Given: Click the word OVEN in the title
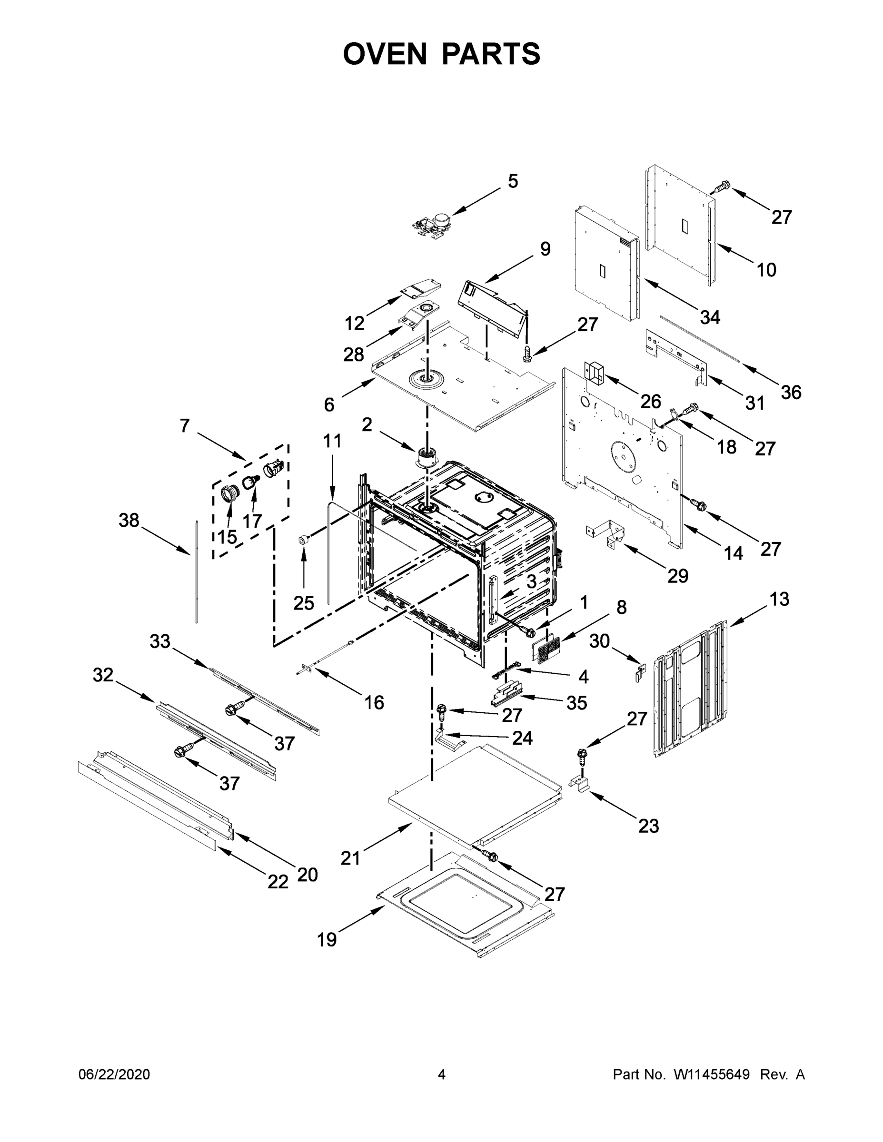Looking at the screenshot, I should pyautogui.click(x=385, y=54).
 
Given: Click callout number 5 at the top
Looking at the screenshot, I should pyautogui.click(x=513, y=181).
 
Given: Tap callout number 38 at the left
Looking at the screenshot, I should pyautogui.click(x=129, y=520).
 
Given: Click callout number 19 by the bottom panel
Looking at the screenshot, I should pyautogui.click(x=327, y=940).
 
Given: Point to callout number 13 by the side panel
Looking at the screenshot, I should pyautogui.click(x=779, y=599).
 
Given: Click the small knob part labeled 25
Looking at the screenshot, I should pyautogui.click(x=302, y=540).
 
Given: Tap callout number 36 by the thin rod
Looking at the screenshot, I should pyautogui.click(x=790, y=392).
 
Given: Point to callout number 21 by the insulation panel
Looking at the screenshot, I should pyautogui.click(x=350, y=858).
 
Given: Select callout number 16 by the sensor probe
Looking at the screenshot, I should pyautogui.click(x=374, y=702).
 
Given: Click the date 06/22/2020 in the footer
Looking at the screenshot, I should pyautogui.click(x=114, y=1074).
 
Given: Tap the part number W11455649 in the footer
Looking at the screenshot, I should pyautogui.click(x=712, y=1074).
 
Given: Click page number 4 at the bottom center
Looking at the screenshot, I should pyautogui.click(x=442, y=1074).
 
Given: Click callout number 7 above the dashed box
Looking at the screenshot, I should pyautogui.click(x=184, y=426).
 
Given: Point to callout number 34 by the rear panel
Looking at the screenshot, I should pyautogui.click(x=710, y=317).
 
